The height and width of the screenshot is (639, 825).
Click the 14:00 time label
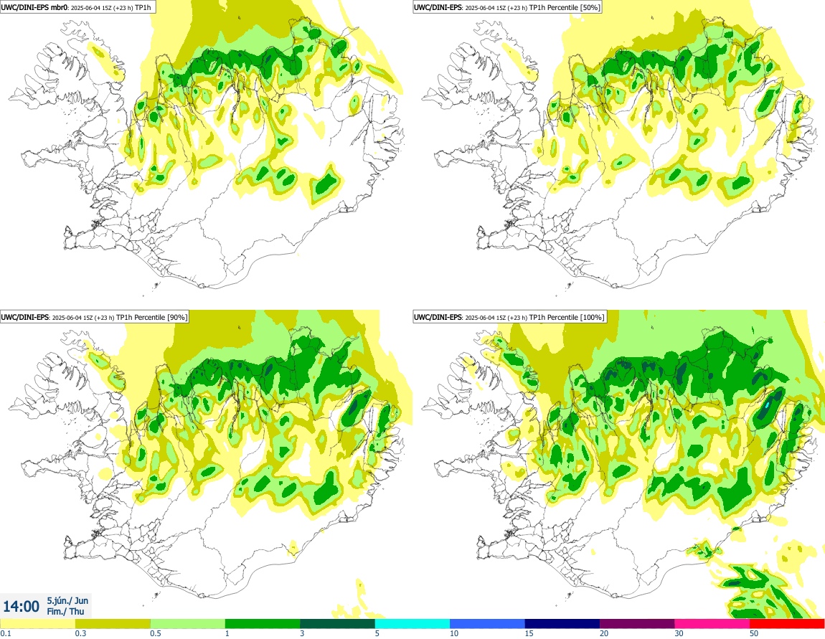coord(22,607)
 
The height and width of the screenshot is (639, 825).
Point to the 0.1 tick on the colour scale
coord(6,633)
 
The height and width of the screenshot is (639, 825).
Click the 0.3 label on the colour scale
coord(80,633)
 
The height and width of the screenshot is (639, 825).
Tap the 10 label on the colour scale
coord(454,633)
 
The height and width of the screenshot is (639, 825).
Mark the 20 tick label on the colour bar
coord(604,633)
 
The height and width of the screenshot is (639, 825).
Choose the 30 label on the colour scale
coord(679,633)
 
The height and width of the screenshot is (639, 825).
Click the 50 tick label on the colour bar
coord(754,633)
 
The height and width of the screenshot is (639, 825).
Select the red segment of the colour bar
coord(787,623)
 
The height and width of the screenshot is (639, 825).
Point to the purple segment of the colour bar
coord(636,623)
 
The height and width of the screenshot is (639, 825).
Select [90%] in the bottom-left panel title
coord(176,316)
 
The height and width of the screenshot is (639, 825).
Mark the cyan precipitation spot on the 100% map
coord(768,406)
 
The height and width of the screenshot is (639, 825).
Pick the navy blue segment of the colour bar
coord(562,623)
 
